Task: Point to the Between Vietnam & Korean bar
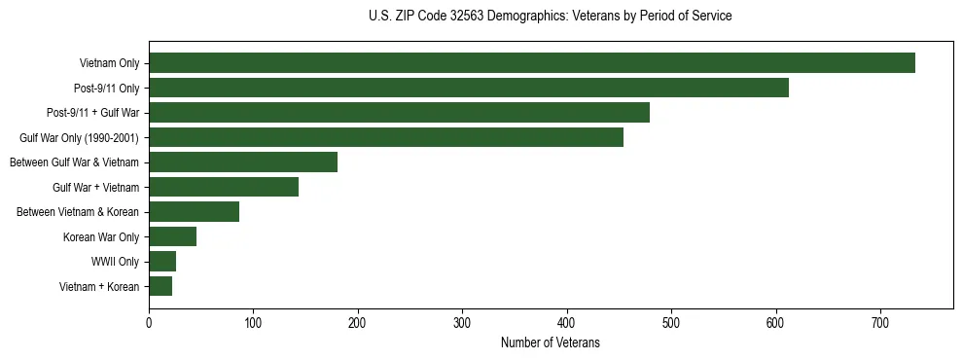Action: tap(194, 212)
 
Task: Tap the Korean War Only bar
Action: tap(172, 236)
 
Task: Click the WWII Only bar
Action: tap(162, 261)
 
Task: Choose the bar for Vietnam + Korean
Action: tap(160, 286)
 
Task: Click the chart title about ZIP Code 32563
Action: tap(550, 17)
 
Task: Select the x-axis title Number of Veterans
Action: tap(550, 343)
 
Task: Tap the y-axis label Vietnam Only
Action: tap(109, 64)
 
